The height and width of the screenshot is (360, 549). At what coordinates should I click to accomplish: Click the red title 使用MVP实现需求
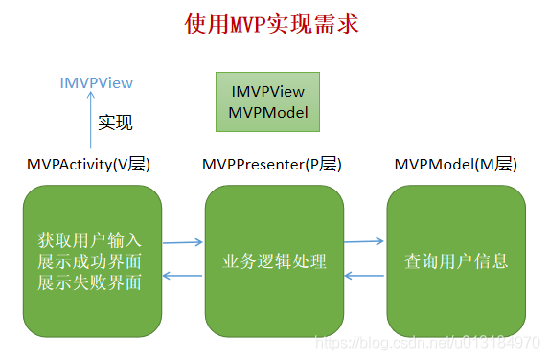272,24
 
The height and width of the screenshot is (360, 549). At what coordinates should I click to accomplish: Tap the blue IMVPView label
97,83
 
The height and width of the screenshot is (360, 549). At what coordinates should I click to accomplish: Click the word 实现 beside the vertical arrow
115,123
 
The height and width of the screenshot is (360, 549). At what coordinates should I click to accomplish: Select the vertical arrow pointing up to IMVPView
91,120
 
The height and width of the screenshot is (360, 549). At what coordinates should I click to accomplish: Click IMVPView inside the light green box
268,92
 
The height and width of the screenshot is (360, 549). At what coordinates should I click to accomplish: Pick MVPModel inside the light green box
268,113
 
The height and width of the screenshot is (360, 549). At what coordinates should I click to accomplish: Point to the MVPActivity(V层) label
88,164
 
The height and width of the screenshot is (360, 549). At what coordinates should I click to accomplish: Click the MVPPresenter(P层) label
272,164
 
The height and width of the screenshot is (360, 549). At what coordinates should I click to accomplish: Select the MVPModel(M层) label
455,164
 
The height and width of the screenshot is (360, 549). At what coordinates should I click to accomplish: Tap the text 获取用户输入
90,240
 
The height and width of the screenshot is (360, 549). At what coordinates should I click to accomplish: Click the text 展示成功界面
90,261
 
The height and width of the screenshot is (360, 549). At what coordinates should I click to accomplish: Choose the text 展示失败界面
90,282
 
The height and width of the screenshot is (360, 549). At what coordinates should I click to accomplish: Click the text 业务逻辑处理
274,261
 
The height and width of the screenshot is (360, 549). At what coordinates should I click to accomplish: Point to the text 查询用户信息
456,261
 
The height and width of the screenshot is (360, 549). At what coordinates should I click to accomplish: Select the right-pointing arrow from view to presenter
183,242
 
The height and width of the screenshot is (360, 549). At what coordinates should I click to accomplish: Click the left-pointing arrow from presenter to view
182,276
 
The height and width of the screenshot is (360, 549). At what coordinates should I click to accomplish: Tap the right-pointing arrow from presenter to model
364,241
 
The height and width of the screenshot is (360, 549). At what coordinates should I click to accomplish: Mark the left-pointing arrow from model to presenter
364,276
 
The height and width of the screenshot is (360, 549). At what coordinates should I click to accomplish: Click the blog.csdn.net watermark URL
427,342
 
